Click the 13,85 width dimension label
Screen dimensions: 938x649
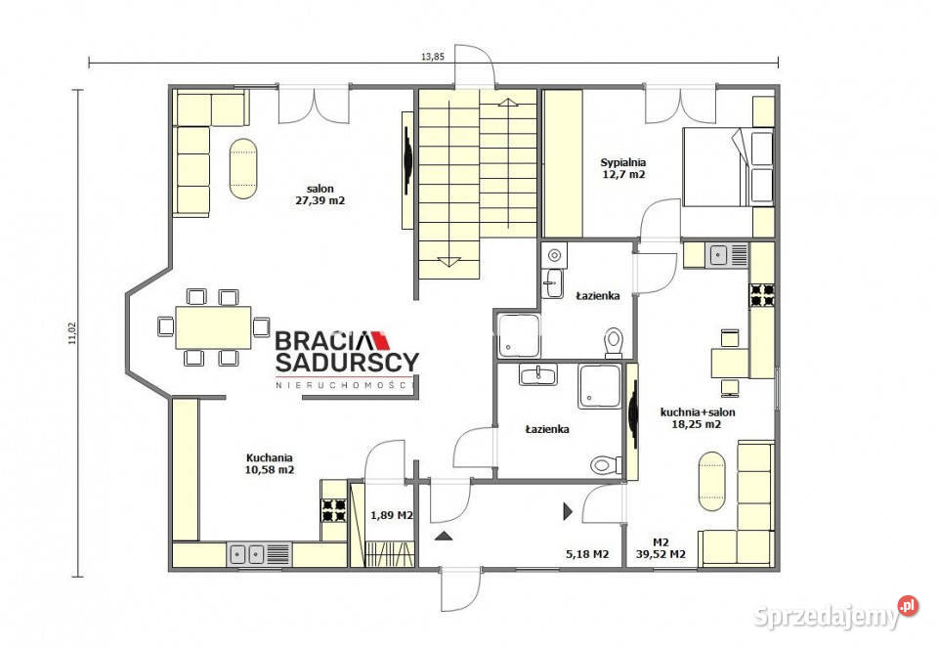click(433, 57)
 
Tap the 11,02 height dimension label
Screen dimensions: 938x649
click(72, 333)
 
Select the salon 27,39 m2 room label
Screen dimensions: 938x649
click(320, 195)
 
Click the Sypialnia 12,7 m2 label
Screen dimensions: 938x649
click(623, 168)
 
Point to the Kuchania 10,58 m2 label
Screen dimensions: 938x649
click(270, 463)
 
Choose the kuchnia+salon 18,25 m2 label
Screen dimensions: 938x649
click(698, 418)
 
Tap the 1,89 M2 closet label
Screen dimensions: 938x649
click(392, 515)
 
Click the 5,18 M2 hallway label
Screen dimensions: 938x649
click(587, 554)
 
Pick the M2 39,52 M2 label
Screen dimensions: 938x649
click(661, 548)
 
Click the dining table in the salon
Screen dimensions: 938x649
click(214, 327)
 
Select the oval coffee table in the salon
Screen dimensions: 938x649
click(243, 169)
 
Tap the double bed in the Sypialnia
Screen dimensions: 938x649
click(718, 167)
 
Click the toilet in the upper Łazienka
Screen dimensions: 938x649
click(614, 343)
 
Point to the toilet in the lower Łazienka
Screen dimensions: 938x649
click(607, 464)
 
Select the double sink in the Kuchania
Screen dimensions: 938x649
click(259, 554)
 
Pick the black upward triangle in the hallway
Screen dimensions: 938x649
click(444, 536)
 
